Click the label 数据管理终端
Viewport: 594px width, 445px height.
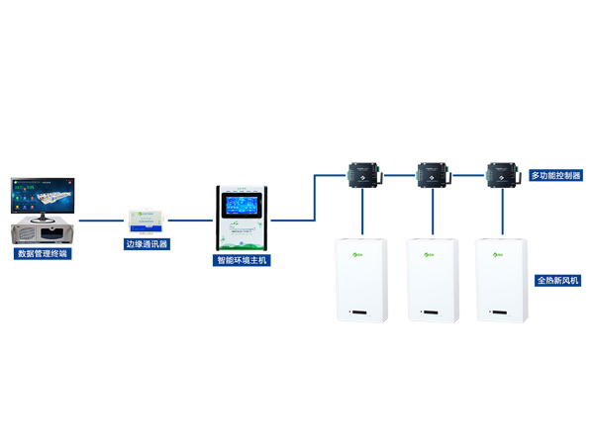click(x=44, y=254)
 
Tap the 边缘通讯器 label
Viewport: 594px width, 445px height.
click(x=148, y=243)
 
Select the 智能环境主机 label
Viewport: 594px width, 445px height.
click(x=243, y=261)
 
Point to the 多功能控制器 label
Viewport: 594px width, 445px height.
click(x=556, y=175)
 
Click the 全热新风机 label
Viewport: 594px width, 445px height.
click(x=557, y=281)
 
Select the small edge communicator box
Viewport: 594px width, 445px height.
click(x=148, y=221)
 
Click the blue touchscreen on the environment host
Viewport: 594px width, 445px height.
click(x=243, y=208)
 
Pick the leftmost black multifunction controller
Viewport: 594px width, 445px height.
click(x=362, y=175)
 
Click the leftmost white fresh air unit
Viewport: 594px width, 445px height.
click(x=362, y=280)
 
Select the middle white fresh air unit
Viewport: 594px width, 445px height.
click(x=432, y=280)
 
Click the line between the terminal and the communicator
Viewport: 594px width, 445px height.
click(x=102, y=220)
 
